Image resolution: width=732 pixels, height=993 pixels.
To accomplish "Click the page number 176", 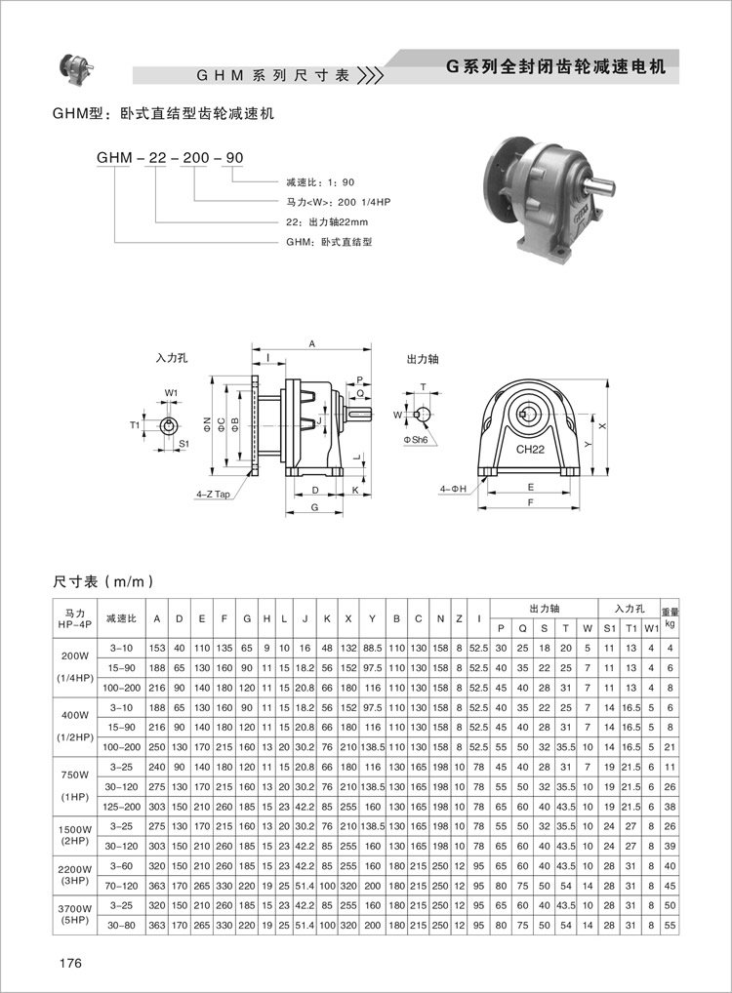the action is tap(70, 963).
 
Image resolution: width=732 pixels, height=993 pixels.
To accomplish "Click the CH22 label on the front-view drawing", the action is tap(530, 450).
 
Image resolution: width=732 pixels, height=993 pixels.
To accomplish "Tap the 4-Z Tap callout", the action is tap(213, 494).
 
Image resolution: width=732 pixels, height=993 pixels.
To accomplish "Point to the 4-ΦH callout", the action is tap(453, 489).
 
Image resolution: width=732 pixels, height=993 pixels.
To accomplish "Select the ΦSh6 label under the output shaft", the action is tap(415, 440).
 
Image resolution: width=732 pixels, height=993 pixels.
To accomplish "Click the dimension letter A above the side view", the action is tap(311, 344).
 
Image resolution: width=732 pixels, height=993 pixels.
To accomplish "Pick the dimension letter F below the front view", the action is tap(531, 502).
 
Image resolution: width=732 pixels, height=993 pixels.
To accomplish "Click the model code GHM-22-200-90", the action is tap(170, 158).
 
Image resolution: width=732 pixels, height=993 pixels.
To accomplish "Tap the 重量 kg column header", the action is tap(670, 618).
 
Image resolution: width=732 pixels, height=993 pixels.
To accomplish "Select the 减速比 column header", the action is tap(121, 618).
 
